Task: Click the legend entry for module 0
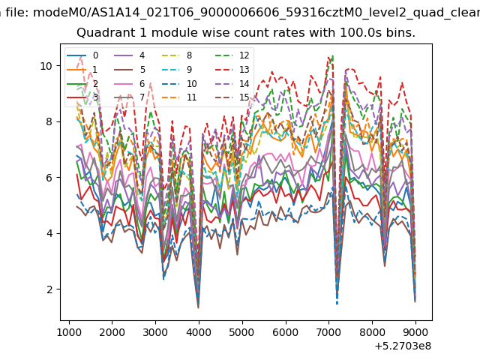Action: [82, 55]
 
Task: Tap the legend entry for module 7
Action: [130, 97]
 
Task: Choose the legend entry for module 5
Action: [130, 70]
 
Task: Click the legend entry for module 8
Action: [177, 55]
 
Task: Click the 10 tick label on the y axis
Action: [47, 66]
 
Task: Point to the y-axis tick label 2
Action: [50, 289]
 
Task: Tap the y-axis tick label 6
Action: [50, 178]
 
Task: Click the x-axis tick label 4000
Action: [199, 332]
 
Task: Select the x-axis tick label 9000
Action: [415, 332]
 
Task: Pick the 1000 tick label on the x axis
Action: [69, 332]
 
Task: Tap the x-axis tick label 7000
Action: [328, 332]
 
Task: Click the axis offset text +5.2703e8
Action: [403, 346]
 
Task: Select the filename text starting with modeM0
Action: [256, 13]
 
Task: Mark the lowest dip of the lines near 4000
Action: [198, 307]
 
